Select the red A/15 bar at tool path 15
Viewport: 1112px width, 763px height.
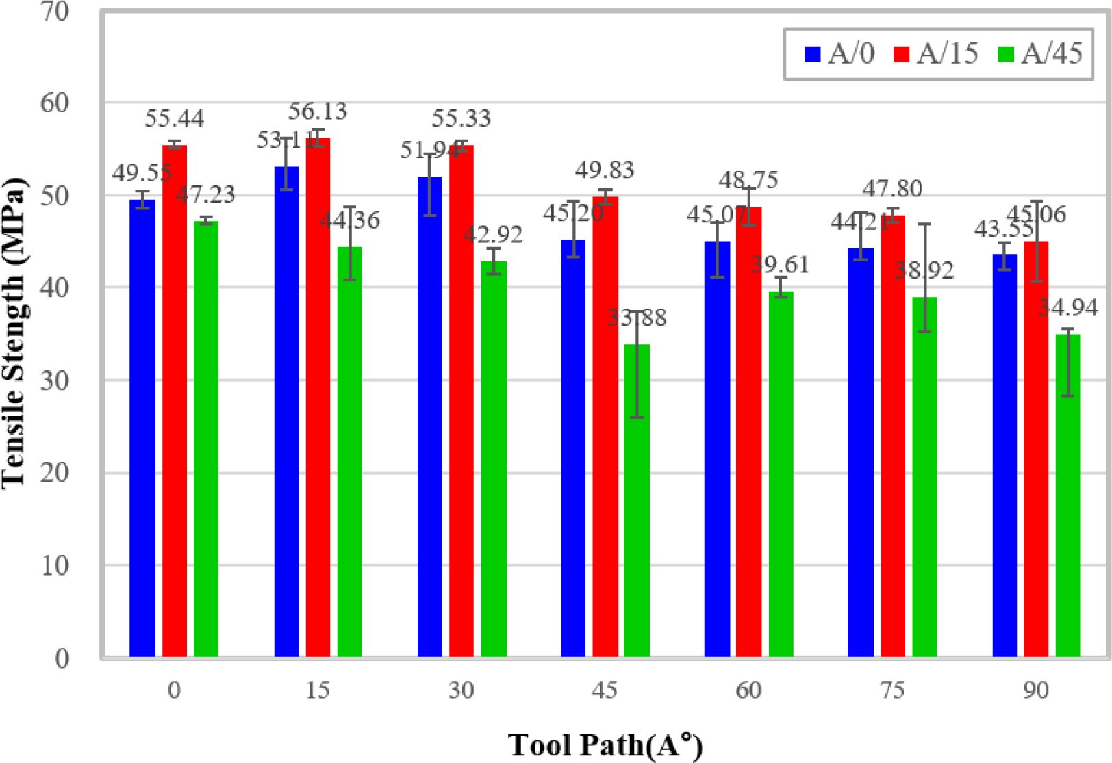coord(318,397)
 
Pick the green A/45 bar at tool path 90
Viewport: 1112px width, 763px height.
coord(1067,495)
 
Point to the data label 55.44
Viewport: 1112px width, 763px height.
coord(175,119)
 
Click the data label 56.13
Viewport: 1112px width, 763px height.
coord(318,111)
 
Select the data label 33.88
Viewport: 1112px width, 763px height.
coord(637,318)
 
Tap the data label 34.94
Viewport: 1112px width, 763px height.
coord(1067,307)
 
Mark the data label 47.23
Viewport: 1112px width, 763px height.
coord(205,194)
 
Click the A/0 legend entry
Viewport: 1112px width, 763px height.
coord(839,53)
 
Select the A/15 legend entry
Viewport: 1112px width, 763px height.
coord(935,53)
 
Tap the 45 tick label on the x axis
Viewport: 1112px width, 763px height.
coord(605,690)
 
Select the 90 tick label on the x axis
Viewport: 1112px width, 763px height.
coord(1035,690)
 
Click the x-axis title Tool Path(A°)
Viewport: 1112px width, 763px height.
coord(605,745)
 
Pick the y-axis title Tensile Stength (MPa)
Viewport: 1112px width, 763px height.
coord(14,332)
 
